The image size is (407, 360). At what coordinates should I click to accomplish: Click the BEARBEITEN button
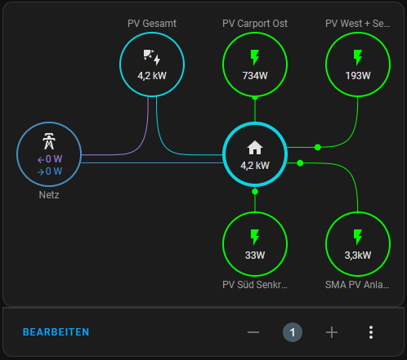(56, 332)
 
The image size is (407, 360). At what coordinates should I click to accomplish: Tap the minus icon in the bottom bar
(253, 332)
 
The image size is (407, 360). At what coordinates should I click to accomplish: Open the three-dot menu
(371, 332)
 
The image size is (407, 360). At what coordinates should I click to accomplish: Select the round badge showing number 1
(293, 332)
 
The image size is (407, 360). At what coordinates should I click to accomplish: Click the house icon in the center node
(255, 148)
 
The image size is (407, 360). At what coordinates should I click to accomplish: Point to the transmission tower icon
(49, 141)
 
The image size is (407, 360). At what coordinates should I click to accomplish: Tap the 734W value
(255, 76)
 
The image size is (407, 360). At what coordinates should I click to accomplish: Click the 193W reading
(358, 76)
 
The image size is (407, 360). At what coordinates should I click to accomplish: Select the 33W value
(255, 256)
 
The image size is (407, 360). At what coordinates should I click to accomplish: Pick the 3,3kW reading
(358, 256)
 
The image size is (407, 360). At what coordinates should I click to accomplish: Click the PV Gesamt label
(152, 24)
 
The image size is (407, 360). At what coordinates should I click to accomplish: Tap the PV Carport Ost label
(255, 24)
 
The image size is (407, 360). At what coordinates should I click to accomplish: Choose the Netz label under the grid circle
(49, 195)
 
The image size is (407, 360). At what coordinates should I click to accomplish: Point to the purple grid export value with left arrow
(50, 159)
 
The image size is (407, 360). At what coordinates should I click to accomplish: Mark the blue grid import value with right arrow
(50, 171)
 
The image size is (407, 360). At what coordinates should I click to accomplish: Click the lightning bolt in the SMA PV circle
(358, 237)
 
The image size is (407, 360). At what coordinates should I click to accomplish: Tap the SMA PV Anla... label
(357, 285)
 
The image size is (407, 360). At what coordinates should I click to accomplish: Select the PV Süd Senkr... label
(255, 285)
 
